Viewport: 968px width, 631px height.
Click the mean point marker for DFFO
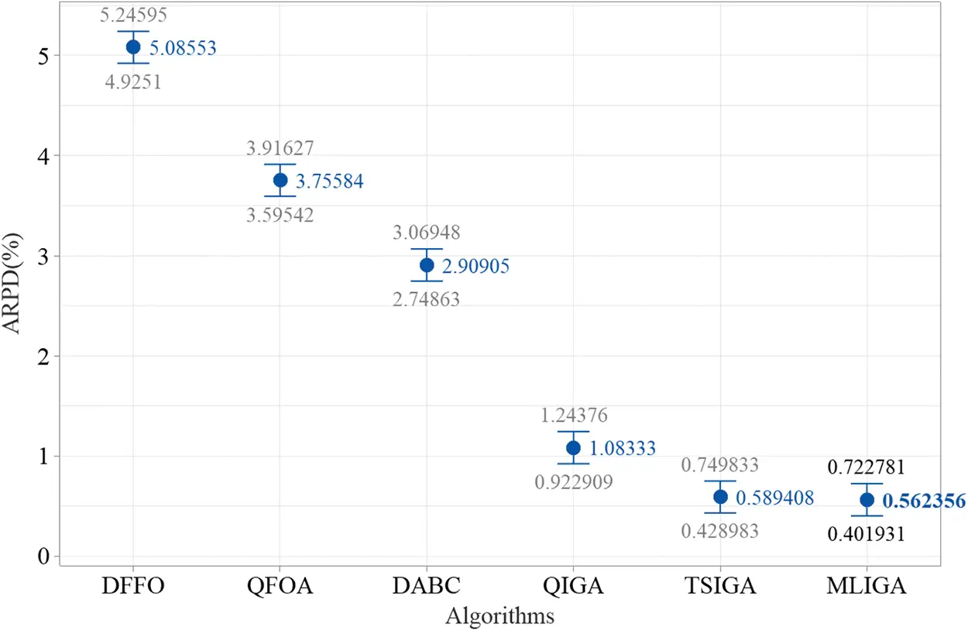point(133,47)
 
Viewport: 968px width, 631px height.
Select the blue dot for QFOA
point(280,180)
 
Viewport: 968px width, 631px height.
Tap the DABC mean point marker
point(427,265)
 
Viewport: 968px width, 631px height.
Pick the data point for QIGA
point(573,447)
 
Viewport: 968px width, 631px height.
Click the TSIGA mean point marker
point(720,496)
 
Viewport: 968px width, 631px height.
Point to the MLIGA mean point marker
point(867,500)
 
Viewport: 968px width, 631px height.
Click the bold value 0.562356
point(924,502)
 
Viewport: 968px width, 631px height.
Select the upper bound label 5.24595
point(133,15)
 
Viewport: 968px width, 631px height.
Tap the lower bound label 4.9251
point(133,81)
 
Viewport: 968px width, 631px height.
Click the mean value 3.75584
point(330,182)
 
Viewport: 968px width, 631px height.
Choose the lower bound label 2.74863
point(426,300)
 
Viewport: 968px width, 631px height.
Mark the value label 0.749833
point(719,465)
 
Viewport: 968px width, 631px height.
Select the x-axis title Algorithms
point(499,616)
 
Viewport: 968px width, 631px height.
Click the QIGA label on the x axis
point(573,586)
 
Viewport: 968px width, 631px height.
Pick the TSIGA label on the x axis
point(720,586)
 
